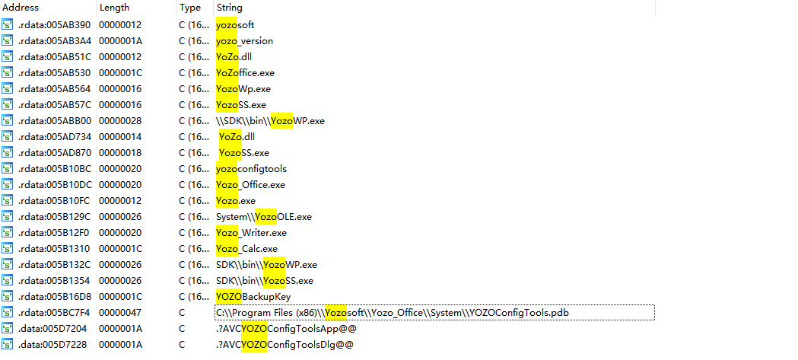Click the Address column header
coord(21,8)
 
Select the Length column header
coord(114,8)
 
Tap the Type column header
coord(190,8)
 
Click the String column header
coord(230,8)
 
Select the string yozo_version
coord(244,41)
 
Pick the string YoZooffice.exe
coord(245,73)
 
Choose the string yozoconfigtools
coord(251,169)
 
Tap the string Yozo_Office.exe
coord(250,185)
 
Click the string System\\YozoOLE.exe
coord(263,217)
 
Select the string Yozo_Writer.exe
coord(251,233)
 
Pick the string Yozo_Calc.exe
coord(246,249)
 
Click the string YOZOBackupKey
coord(253,297)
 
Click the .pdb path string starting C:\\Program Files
coord(393,313)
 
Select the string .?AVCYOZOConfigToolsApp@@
coord(286,329)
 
